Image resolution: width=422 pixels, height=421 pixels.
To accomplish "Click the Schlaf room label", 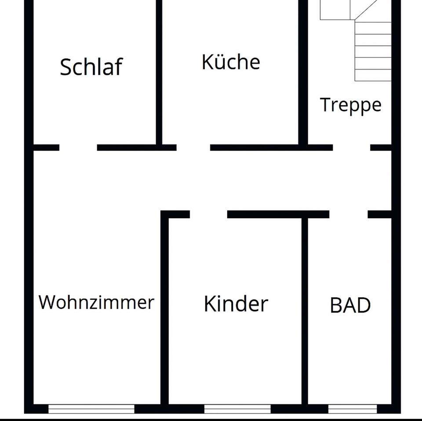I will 91,67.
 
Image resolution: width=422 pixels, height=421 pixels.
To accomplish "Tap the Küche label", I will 231,62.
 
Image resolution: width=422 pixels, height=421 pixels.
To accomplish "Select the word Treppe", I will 350,105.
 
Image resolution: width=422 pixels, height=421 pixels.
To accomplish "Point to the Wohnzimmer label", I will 96,302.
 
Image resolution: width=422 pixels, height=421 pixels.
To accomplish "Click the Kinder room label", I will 236,304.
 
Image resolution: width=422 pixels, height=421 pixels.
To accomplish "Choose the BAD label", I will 350,306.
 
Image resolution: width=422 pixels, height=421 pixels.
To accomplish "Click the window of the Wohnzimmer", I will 91,409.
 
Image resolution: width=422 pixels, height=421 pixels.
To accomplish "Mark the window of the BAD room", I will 353,409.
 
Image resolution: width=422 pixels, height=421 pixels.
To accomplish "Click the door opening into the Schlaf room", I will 78,148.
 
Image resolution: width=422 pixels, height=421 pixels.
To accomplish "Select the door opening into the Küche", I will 193,148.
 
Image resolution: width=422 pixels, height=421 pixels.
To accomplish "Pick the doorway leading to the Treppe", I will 351,148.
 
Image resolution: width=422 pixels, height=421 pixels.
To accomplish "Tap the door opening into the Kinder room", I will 208,215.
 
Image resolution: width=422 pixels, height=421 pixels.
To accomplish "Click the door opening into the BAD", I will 348,215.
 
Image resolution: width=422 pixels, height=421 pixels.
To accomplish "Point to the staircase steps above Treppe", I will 373,48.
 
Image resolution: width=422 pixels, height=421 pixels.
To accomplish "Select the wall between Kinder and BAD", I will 305,312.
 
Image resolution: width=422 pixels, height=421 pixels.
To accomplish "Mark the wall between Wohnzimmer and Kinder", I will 165,312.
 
